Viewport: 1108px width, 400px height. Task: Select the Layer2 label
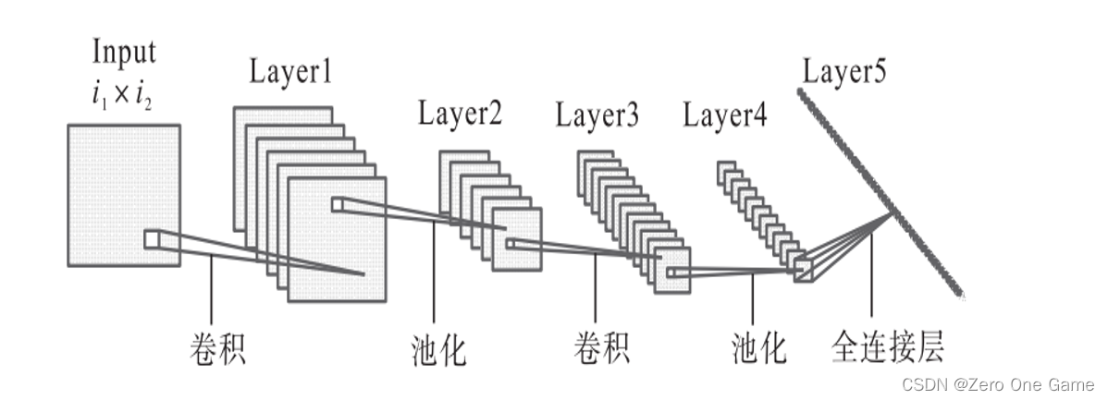(460, 116)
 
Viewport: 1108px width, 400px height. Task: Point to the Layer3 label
(597, 116)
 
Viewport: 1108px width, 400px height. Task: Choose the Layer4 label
(725, 116)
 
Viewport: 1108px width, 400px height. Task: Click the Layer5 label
(843, 72)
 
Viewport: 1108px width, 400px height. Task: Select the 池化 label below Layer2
(438, 350)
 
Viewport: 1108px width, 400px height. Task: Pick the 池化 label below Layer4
(757, 350)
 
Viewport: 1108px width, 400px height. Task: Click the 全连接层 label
(888, 350)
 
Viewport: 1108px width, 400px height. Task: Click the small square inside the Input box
(152, 239)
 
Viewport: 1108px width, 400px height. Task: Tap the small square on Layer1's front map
(337, 204)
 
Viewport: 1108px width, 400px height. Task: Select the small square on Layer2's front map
(509, 243)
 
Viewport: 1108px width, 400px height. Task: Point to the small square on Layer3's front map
(671, 273)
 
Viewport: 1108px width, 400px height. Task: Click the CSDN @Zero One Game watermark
(998, 383)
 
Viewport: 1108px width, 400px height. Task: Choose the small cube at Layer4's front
(801, 268)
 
